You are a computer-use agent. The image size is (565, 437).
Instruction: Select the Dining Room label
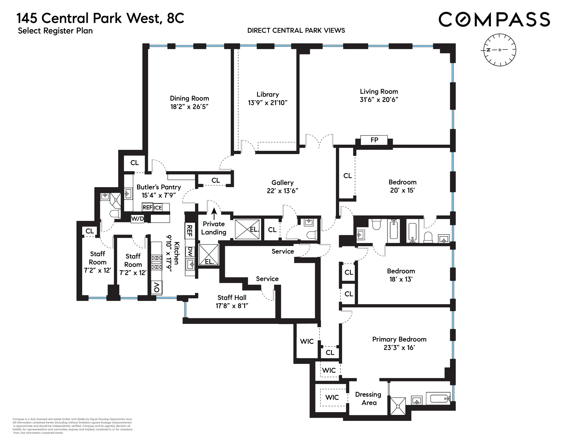189,98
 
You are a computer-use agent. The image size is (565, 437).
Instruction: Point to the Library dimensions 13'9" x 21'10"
267,103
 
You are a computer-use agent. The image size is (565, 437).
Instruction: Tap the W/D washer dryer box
137,219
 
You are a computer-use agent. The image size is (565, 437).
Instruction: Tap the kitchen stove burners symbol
156,262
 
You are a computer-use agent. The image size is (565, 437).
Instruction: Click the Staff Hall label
232,298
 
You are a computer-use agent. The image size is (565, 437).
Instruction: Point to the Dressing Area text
368,398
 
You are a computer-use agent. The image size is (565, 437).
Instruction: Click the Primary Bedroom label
399,339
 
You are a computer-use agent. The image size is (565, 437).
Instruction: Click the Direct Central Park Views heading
296,31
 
